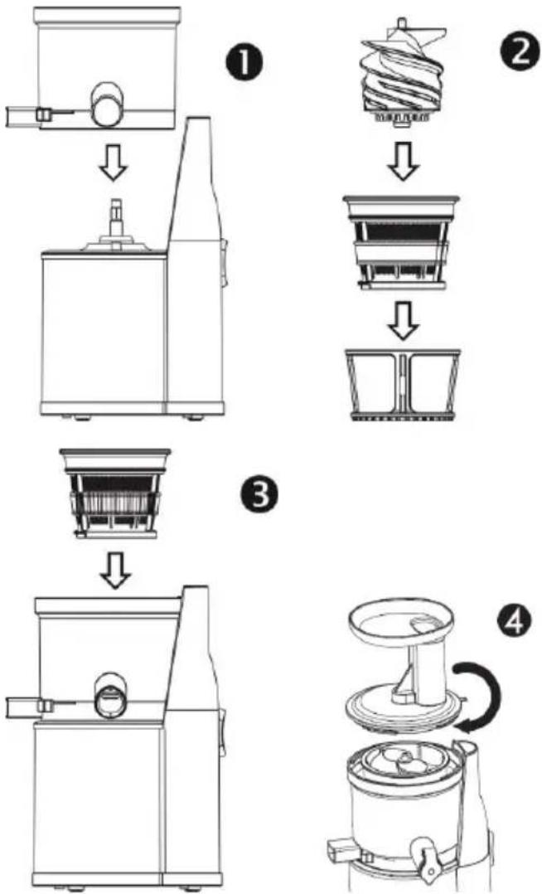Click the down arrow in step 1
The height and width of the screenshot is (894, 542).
point(114,163)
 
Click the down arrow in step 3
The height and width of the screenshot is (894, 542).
point(116,571)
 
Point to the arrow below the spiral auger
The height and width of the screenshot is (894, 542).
point(403,162)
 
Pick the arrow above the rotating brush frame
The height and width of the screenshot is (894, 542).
point(403,322)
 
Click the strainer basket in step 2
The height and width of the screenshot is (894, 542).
point(401,243)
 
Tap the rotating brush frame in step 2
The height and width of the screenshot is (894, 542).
point(403,386)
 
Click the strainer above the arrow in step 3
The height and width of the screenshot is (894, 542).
point(115,493)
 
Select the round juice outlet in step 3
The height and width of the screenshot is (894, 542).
point(111,695)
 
